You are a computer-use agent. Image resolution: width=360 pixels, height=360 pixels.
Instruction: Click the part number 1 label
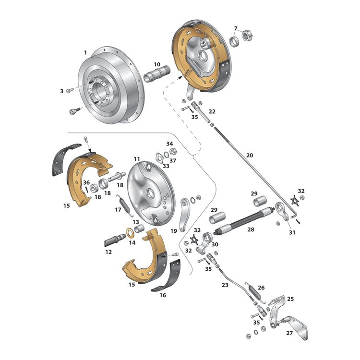pyautogui.click(x=85, y=52)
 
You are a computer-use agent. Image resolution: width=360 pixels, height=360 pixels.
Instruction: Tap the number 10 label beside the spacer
pyautogui.click(x=157, y=64)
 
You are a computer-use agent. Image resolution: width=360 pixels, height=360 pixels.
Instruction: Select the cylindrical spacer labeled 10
pyautogui.click(x=158, y=76)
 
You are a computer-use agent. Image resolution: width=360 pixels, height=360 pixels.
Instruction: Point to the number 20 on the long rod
pyautogui.click(x=249, y=156)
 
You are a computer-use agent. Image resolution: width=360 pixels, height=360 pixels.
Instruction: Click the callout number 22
pyautogui.click(x=212, y=111)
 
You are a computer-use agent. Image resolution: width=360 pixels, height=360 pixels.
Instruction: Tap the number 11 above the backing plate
pyautogui.click(x=137, y=159)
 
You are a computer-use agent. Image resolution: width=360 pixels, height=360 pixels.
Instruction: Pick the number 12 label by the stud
pyautogui.click(x=109, y=252)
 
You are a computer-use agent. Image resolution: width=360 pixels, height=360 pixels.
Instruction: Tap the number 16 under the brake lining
pyautogui.click(x=163, y=296)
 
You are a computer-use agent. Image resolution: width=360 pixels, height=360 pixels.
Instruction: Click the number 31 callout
pyautogui.click(x=292, y=232)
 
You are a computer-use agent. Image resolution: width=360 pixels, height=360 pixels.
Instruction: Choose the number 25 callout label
pyautogui.click(x=290, y=299)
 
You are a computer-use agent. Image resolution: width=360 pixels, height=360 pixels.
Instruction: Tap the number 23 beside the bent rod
pyautogui.click(x=225, y=285)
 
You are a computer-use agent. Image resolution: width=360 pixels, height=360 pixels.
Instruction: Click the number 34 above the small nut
pyautogui.click(x=169, y=144)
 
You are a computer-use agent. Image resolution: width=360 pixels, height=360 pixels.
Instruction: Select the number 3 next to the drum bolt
pyautogui.click(x=61, y=91)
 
